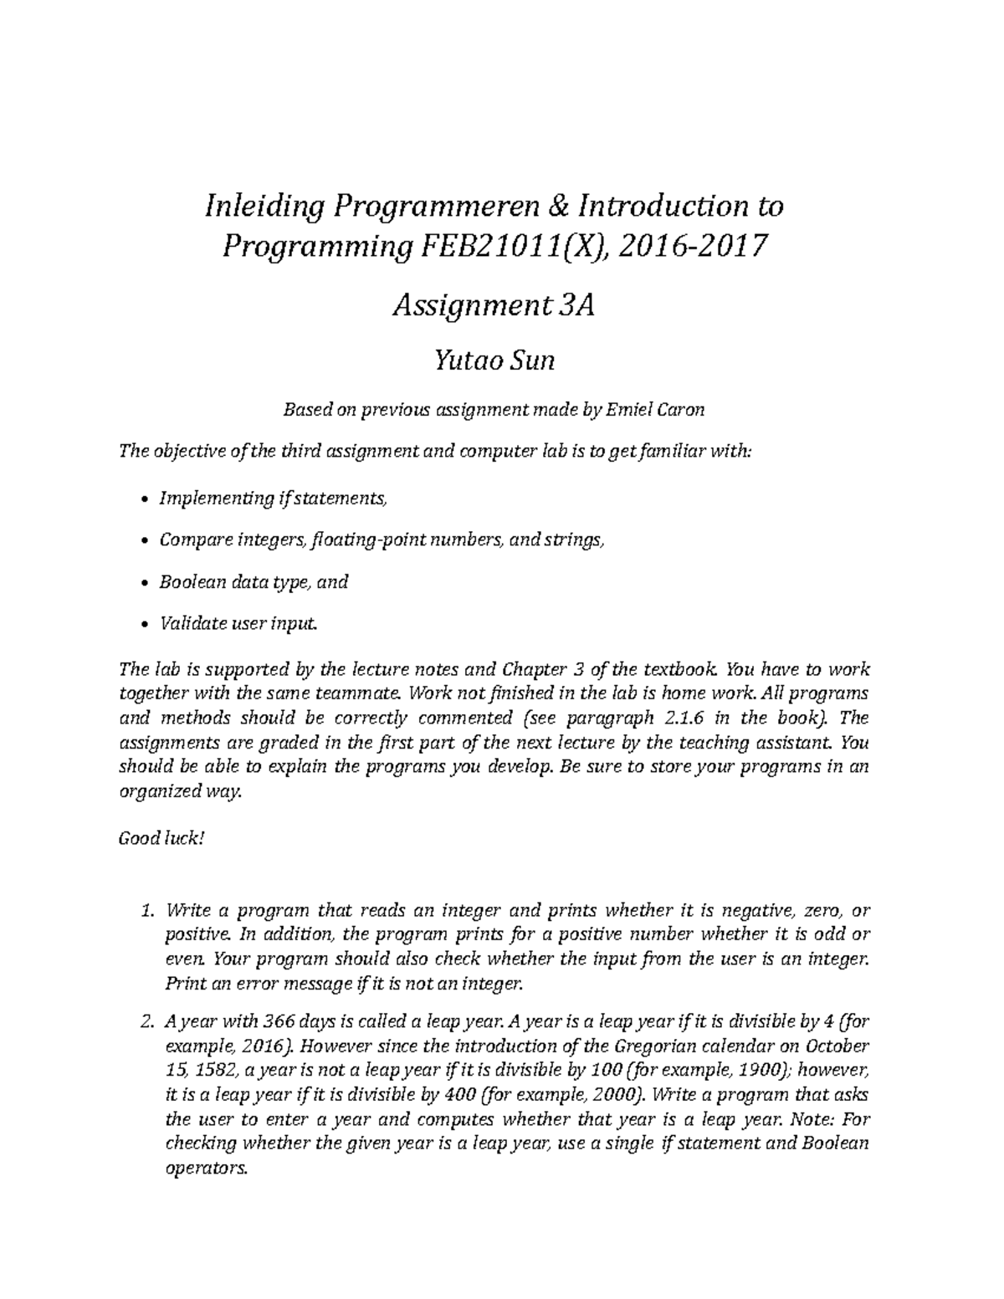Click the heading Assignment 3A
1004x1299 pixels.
[x=494, y=307]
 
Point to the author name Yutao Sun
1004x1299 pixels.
[x=494, y=361]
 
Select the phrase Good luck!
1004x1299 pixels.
[x=161, y=838]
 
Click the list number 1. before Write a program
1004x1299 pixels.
[x=149, y=911]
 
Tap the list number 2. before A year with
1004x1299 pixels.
[x=148, y=1022]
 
